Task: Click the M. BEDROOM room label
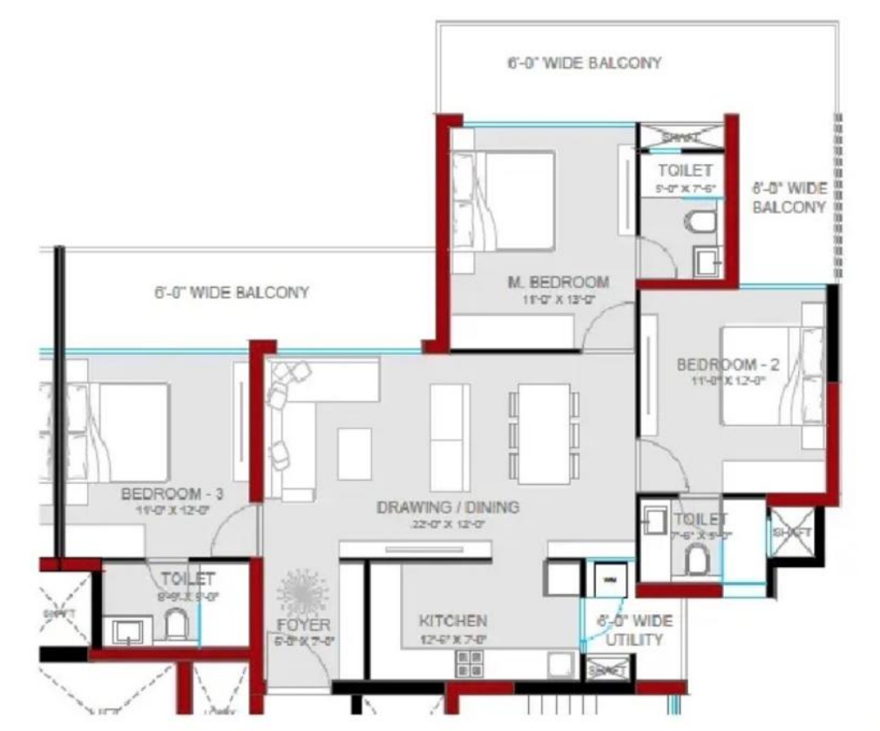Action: pyautogui.click(x=558, y=282)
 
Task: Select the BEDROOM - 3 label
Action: pyautogui.click(x=173, y=495)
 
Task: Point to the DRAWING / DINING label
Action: pyautogui.click(x=448, y=508)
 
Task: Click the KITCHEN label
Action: pyautogui.click(x=452, y=621)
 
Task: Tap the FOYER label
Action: pyautogui.click(x=303, y=625)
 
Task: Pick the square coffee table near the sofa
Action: pyautogui.click(x=355, y=454)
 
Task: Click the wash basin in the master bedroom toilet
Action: pyautogui.click(x=704, y=260)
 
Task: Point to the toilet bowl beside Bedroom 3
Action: pyautogui.click(x=176, y=624)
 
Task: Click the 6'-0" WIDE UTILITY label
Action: pyautogui.click(x=634, y=630)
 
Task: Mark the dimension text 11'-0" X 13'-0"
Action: pyautogui.click(x=558, y=299)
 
